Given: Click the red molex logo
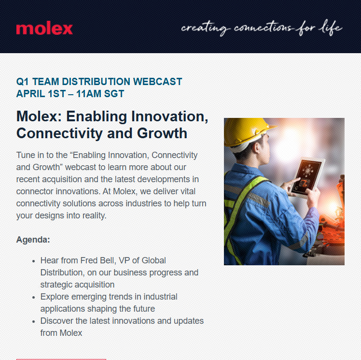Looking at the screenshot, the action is click(44, 28).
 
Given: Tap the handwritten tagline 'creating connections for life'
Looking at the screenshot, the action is click(262, 28).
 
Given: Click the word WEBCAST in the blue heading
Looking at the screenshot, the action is click(158, 82).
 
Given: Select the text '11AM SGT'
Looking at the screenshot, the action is click(100, 94).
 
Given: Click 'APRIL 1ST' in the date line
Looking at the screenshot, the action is click(41, 94).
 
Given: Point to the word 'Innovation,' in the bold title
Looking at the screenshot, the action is click(170, 116).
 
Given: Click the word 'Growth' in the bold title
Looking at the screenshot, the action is click(162, 133).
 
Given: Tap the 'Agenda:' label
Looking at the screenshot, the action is click(33, 240).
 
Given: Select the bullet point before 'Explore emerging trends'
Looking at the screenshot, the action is click(34, 298).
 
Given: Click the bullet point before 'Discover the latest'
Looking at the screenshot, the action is click(34, 321).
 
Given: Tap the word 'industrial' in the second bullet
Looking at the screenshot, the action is click(160, 297).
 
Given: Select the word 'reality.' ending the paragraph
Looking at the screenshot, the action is click(95, 216).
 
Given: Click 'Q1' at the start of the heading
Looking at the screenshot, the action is click(23, 82).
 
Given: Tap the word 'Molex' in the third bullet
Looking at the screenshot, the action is click(70, 333).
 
